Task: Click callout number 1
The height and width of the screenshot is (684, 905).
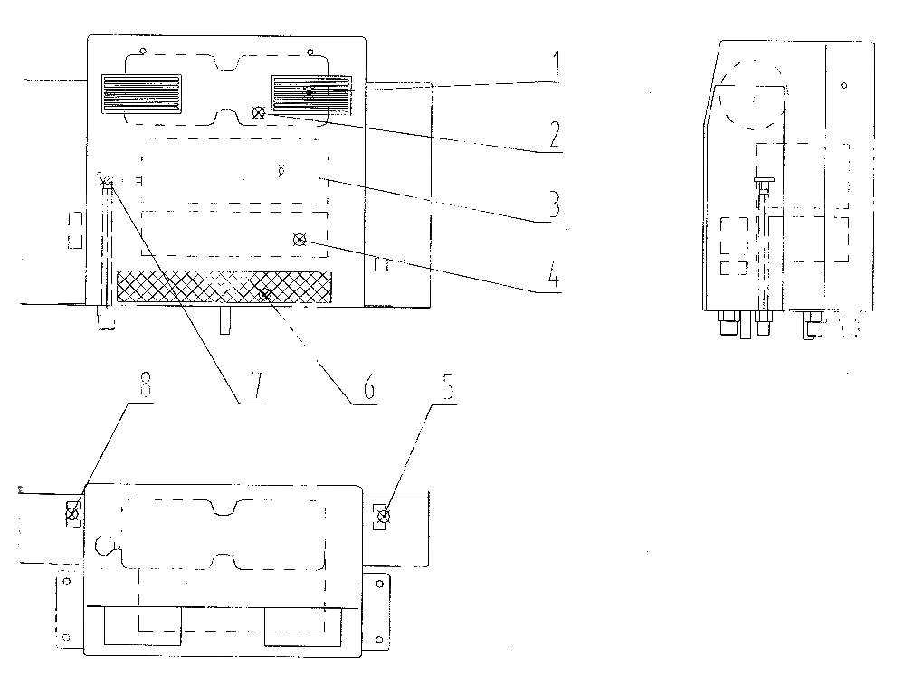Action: coord(557,64)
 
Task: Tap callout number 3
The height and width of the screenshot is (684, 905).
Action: coord(554,204)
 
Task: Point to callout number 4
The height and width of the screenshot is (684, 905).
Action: coord(554,273)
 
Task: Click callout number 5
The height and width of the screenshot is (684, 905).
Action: coord(448,386)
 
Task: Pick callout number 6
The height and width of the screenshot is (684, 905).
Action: coord(368,386)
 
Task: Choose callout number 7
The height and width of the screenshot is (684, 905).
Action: coord(256,386)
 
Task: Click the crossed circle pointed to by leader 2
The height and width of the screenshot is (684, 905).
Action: coord(259,114)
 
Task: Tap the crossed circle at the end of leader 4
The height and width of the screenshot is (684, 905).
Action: coord(300,240)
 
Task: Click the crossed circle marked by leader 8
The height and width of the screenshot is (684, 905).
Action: coord(72,513)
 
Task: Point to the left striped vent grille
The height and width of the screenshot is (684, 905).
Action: coord(141,93)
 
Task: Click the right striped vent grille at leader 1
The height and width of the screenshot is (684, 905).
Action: coord(311,93)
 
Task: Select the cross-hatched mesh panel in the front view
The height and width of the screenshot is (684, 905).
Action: coord(224,287)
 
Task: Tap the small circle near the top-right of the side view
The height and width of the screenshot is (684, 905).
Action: coord(843,86)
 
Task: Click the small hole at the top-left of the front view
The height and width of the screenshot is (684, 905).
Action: coord(144,51)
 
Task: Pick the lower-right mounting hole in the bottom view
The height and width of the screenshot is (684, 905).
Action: coord(379,639)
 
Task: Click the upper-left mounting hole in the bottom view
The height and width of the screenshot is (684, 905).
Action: coord(66,581)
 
